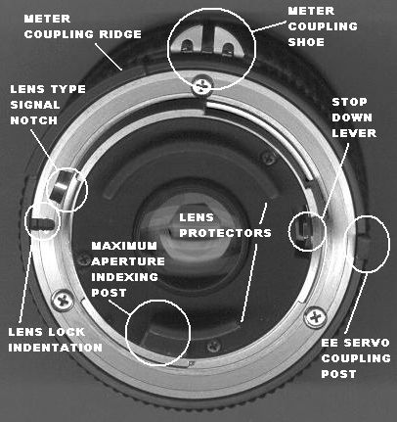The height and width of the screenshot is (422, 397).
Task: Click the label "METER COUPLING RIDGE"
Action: (x=83, y=26)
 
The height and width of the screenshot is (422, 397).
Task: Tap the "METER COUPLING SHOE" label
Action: (x=323, y=26)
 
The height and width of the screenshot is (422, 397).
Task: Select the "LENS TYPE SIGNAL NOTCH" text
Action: (x=48, y=105)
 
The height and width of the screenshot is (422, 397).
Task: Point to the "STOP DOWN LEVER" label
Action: (x=354, y=117)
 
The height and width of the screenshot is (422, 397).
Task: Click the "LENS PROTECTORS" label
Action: (x=225, y=225)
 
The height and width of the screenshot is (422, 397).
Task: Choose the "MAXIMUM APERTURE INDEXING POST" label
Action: (x=128, y=269)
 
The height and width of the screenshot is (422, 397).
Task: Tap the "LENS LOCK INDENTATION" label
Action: (x=55, y=340)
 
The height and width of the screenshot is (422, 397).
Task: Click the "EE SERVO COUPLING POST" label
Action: (x=356, y=358)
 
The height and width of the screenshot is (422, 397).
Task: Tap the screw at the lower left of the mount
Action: (x=63, y=301)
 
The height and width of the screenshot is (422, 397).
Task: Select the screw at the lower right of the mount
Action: (x=315, y=317)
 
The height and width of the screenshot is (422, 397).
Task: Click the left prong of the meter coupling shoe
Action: (x=186, y=46)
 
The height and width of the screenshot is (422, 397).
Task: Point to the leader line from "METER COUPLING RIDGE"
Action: (x=109, y=56)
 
